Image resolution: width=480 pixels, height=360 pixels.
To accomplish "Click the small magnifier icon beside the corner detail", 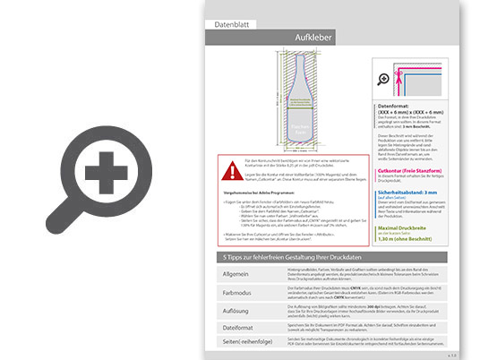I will pos(385,80).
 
